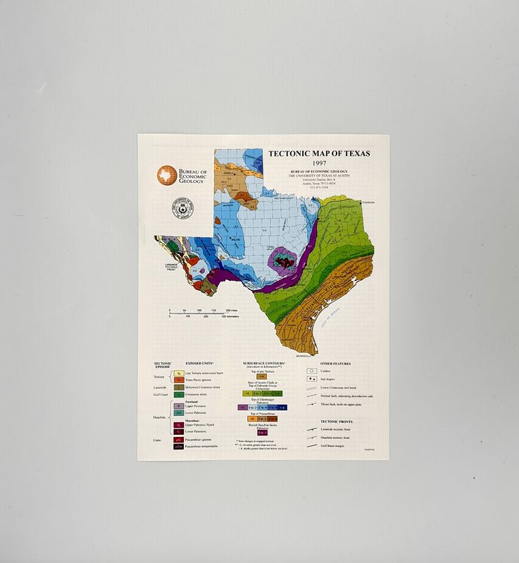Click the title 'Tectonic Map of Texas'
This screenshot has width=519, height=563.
318,153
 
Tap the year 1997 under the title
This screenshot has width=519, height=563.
319,163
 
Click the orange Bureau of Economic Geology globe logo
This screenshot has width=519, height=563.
165,176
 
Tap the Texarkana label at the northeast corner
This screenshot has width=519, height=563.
370,202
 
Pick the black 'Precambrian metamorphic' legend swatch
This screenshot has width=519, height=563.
180,445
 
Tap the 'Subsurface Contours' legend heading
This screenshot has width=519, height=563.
263,364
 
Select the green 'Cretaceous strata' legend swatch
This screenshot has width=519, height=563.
180,395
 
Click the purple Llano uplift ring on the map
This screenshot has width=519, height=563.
282,260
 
